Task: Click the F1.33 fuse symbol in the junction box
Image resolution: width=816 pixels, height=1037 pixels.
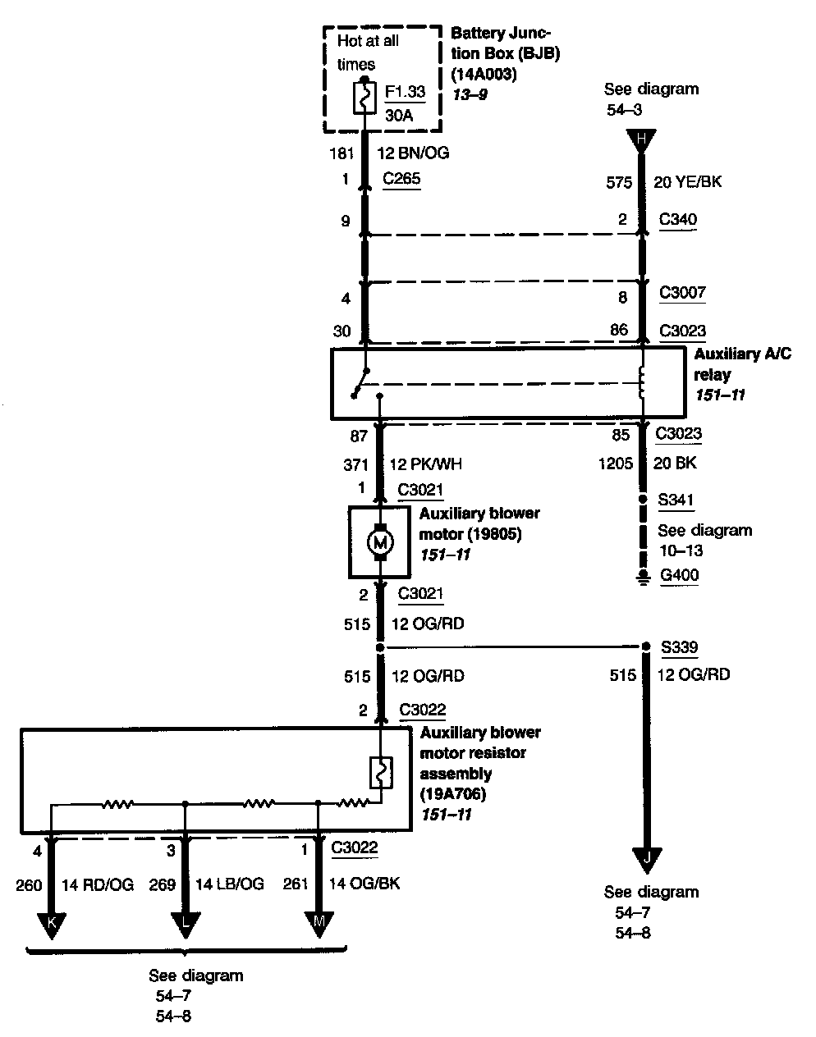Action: (x=364, y=98)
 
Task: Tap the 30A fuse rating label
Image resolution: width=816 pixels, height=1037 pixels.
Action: (x=399, y=116)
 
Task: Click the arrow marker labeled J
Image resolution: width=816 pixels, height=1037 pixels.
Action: (x=647, y=861)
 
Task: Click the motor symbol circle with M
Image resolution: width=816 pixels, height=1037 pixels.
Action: (x=380, y=542)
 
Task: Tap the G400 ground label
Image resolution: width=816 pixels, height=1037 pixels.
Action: (x=679, y=575)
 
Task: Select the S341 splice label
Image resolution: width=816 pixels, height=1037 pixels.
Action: (x=676, y=500)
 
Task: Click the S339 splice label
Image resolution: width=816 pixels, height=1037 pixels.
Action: (x=679, y=646)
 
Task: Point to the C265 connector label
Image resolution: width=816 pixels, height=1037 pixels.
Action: (x=401, y=178)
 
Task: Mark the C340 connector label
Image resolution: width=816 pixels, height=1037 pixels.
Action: (x=677, y=219)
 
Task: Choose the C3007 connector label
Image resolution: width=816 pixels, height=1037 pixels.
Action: (x=682, y=292)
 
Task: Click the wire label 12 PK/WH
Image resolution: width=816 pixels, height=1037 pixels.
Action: (x=425, y=464)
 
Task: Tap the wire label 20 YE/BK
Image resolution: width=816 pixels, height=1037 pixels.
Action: (x=687, y=181)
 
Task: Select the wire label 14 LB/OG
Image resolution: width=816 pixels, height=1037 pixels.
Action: (x=230, y=884)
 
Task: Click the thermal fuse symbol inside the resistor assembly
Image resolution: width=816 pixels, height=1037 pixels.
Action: (x=381, y=773)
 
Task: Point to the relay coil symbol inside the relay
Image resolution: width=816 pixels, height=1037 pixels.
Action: (x=641, y=382)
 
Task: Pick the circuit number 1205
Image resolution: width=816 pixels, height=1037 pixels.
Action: (x=616, y=464)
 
